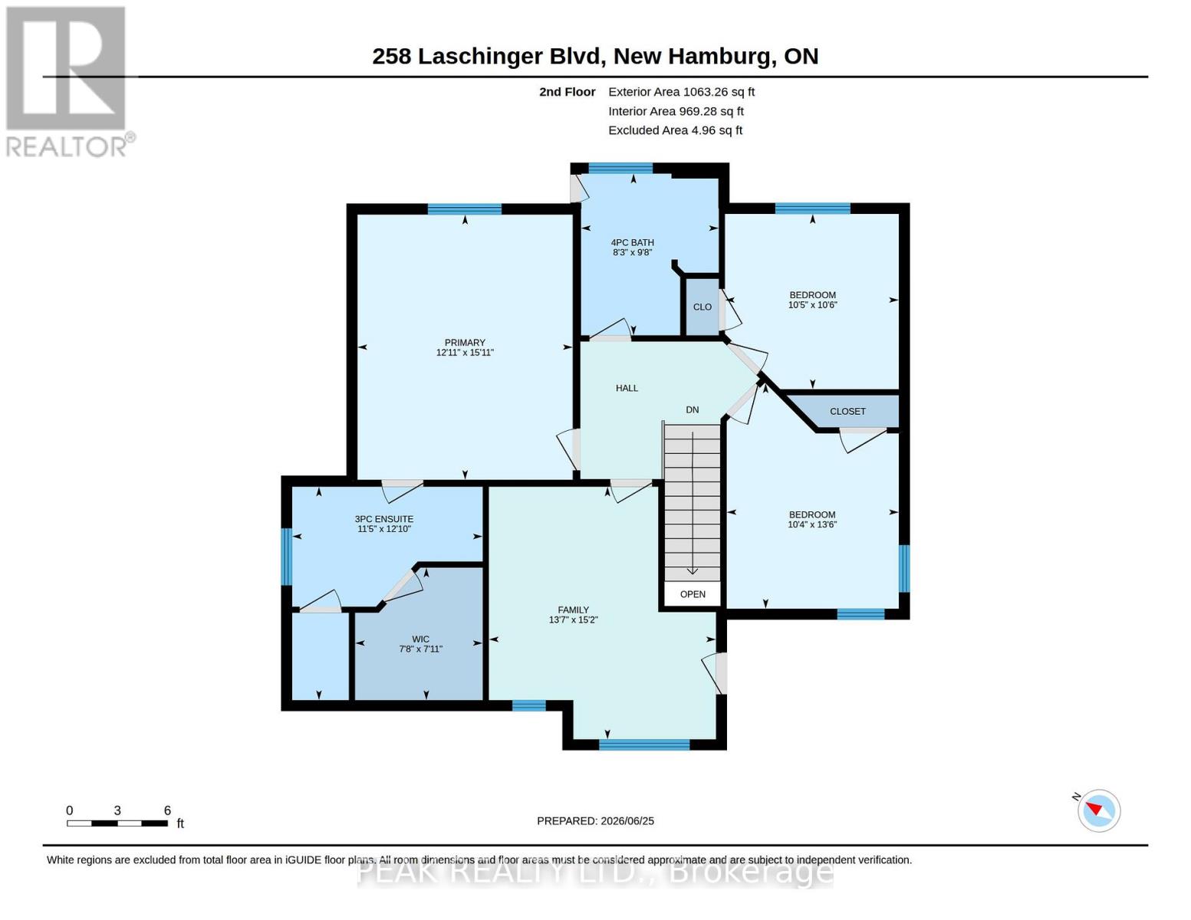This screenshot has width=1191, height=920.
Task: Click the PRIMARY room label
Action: pyautogui.click(x=465, y=343)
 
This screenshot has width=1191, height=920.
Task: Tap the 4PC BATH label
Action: pyautogui.click(x=633, y=242)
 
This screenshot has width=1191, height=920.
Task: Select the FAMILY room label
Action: pyautogui.click(x=574, y=609)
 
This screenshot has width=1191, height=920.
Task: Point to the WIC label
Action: pyautogui.click(x=420, y=639)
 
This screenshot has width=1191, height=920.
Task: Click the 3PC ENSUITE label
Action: pyautogui.click(x=383, y=519)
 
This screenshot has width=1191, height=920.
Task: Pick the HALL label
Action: pyautogui.click(x=627, y=388)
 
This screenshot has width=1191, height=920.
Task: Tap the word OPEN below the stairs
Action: pyautogui.click(x=693, y=594)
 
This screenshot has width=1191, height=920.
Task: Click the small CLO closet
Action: pyautogui.click(x=702, y=307)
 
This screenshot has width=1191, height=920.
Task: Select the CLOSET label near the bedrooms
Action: pyautogui.click(x=847, y=411)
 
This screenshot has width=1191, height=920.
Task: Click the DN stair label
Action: pyautogui.click(x=693, y=409)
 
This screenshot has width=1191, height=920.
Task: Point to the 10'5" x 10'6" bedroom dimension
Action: pyautogui.click(x=812, y=304)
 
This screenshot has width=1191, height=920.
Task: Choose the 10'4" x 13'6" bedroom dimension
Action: pyautogui.click(x=811, y=524)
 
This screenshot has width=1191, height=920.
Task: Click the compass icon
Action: pyautogui.click(x=1098, y=810)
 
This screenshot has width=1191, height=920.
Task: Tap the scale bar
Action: pyautogui.click(x=117, y=823)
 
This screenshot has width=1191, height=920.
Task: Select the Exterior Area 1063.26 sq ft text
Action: pyautogui.click(x=681, y=91)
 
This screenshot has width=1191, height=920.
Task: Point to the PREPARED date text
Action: pyautogui.click(x=595, y=821)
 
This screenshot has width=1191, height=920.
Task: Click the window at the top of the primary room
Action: pyautogui.click(x=464, y=209)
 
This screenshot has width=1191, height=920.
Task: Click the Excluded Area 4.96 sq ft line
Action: pyautogui.click(x=675, y=130)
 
